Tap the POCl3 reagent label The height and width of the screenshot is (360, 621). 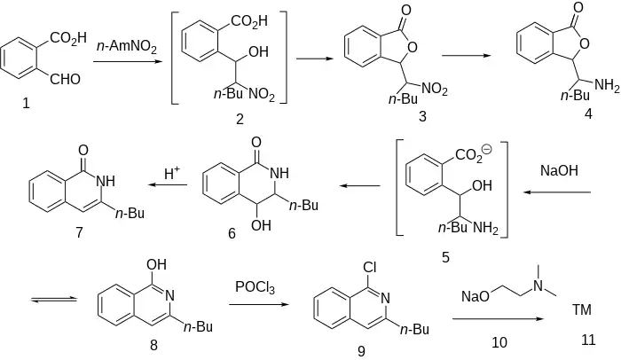[255, 287]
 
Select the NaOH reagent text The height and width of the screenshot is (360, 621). [560, 168]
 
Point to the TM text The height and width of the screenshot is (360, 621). [583, 309]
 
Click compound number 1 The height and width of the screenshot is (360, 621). [26, 105]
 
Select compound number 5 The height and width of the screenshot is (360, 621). [445, 257]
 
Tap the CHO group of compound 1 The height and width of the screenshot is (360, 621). [65, 80]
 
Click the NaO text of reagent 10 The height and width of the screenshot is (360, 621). [473, 294]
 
